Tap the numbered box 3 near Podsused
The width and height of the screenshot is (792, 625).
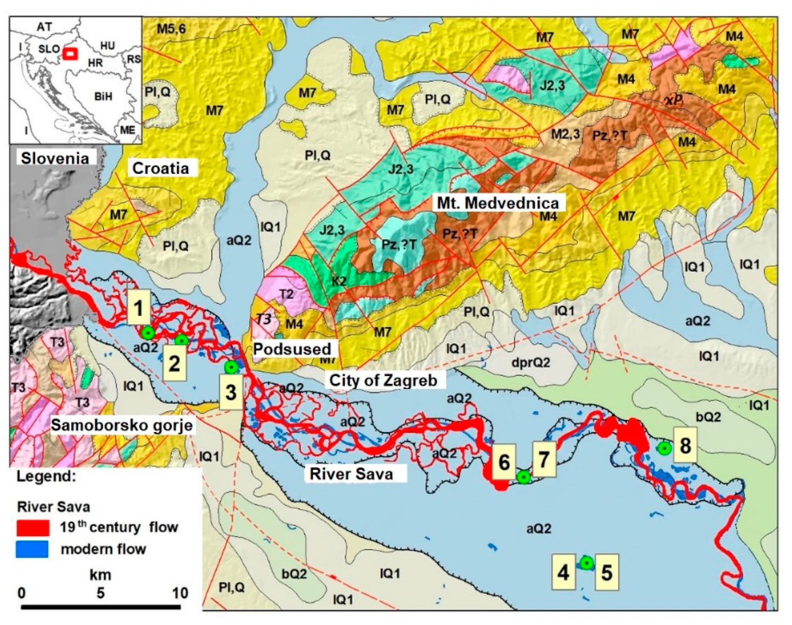[231, 392]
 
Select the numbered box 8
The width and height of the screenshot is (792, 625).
[685, 445]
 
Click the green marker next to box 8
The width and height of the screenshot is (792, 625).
[664, 448]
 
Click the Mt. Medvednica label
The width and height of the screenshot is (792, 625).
[498, 203]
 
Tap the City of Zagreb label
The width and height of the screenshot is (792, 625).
[383, 380]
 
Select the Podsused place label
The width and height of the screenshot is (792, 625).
[292, 348]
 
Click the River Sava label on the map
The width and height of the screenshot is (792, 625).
[351, 473]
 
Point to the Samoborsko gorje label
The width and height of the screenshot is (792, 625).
[122, 425]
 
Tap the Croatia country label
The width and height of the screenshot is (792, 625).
[160, 168]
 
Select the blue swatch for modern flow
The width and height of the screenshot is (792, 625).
[33, 549]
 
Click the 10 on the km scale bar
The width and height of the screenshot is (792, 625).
[180, 593]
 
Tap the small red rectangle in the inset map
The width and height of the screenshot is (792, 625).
[71, 53]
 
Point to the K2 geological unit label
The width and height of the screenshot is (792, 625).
[339, 281]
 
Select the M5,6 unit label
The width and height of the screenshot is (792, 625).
[171, 28]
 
